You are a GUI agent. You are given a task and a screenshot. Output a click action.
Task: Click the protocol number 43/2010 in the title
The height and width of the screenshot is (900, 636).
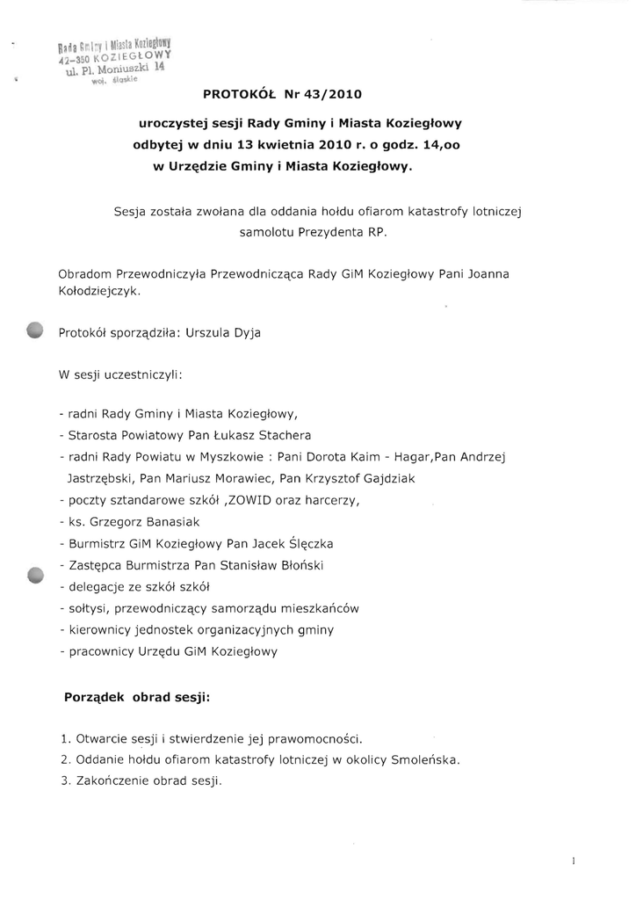[330, 91]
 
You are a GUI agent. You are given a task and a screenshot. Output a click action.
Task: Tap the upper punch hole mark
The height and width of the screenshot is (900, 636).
[34, 330]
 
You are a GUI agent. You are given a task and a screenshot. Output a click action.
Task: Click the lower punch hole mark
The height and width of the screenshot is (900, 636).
[34, 575]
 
